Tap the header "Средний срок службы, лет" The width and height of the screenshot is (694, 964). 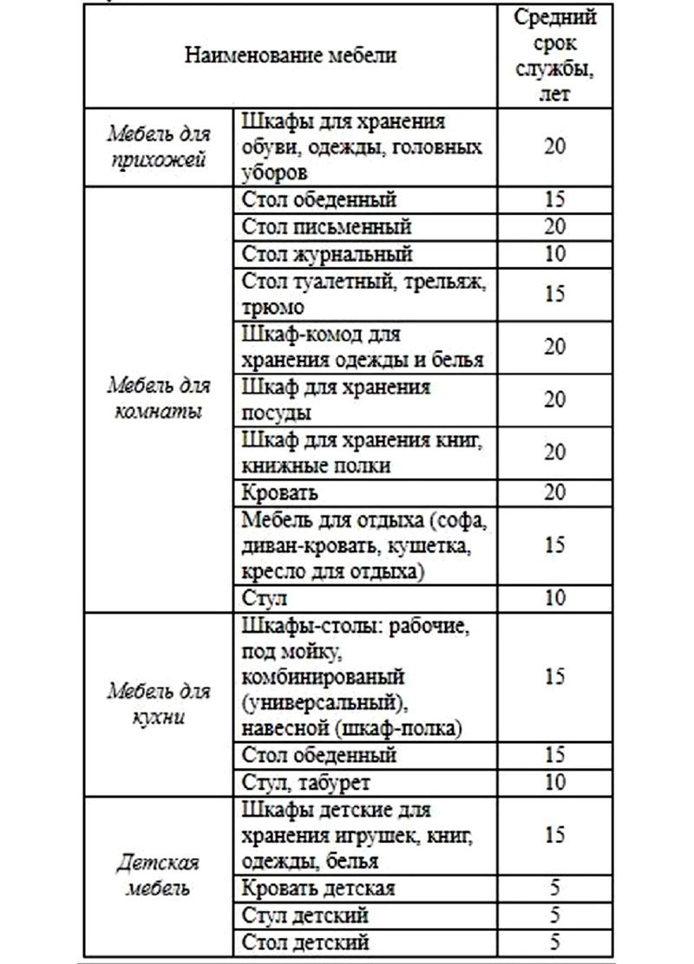point(555,55)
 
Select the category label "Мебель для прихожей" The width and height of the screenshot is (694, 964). point(158,147)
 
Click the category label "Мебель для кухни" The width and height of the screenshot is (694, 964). point(158,706)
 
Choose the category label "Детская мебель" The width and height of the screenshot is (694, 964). point(158,876)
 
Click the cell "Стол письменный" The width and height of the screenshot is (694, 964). point(325,226)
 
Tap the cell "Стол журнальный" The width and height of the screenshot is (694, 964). point(328,254)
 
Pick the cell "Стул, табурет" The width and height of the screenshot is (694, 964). point(308,782)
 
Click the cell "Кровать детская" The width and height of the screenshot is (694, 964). point(320,889)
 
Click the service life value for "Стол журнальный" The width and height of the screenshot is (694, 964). point(555,254)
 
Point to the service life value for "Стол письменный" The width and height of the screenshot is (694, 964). point(555,226)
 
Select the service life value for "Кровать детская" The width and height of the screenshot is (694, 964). point(555,889)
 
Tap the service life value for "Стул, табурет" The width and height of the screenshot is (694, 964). point(555,782)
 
